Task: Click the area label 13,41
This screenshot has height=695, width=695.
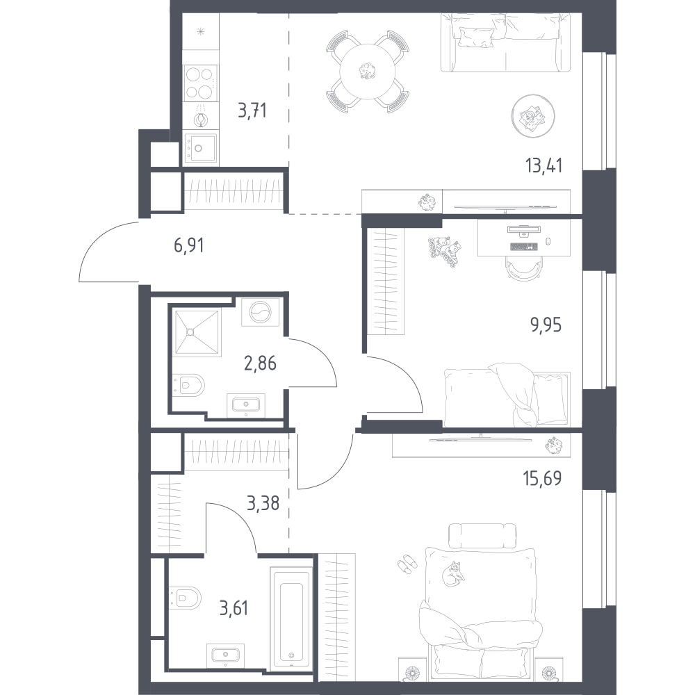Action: [x=544, y=166]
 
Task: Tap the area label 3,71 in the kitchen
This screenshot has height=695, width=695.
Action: [x=252, y=111]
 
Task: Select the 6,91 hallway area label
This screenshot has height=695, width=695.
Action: [x=189, y=245]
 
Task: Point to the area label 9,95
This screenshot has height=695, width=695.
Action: [x=546, y=325]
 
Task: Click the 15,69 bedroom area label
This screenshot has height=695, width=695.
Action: [x=543, y=479]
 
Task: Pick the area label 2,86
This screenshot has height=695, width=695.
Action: [x=260, y=363]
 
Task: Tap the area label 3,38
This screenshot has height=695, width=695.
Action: [x=263, y=503]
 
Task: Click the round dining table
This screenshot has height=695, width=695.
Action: [x=367, y=71]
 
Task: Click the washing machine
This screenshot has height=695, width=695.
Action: [x=260, y=312]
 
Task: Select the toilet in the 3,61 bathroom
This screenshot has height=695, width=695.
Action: [x=186, y=598]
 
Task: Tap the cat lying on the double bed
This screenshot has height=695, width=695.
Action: [x=453, y=574]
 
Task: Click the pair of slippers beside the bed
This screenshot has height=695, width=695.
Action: [x=407, y=564]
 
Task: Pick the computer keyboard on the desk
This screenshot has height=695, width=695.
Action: [x=524, y=246]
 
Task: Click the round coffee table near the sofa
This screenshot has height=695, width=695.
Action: [x=533, y=116]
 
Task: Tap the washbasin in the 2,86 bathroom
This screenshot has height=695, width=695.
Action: [x=246, y=404]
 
